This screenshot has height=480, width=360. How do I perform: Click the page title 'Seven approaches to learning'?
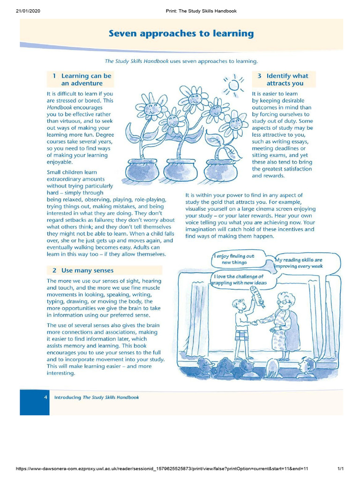click(181, 34)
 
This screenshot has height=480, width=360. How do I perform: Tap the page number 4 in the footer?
click(45, 397)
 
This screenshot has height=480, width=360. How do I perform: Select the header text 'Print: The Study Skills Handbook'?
click(201, 11)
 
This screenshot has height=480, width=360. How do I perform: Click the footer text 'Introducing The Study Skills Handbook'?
click(97, 397)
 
